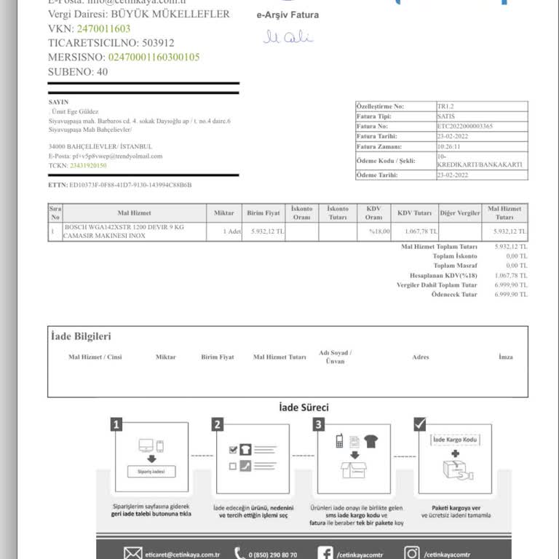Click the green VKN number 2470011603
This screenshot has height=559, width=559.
point(103,28)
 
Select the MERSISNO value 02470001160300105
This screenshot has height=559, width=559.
point(154,57)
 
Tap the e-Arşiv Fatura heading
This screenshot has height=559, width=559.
point(288,15)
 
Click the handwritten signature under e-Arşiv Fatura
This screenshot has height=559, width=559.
point(288,36)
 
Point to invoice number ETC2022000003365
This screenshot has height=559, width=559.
point(465,126)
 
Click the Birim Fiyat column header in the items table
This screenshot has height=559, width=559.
point(263,213)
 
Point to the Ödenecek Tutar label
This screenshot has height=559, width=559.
point(454,295)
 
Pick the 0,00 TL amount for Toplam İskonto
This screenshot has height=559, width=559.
point(516,256)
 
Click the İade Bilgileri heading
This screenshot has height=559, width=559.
point(81,336)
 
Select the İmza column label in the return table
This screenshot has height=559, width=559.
point(505,357)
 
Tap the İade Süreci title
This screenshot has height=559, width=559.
point(304,408)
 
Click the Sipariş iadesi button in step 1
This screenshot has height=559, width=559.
point(151,472)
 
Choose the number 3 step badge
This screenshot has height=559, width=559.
point(318,424)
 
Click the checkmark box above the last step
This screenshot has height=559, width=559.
point(419,424)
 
